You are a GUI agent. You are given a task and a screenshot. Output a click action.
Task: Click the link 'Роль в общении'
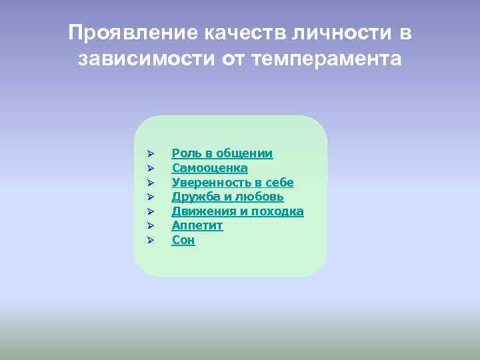pos(222,154)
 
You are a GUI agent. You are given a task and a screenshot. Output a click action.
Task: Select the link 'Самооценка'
pos(209,168)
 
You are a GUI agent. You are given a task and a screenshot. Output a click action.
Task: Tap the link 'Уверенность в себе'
pos(233,183)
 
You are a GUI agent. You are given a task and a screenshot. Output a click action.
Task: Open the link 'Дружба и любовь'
pos(227,197)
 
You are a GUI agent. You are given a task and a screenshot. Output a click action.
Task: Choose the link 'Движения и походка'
pos(237,211)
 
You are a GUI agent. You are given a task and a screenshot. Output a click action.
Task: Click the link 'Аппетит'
pos(197,226)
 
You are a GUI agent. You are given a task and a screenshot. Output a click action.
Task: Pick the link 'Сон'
pos(183,240)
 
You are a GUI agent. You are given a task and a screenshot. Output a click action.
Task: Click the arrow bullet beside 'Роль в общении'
pos(151,154)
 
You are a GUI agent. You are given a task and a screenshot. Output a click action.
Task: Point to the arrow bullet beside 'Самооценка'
pos(151,168)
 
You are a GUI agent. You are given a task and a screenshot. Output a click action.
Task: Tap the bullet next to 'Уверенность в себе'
pos(151,183)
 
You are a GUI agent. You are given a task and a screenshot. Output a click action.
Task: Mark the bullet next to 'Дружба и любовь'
pos(151,197)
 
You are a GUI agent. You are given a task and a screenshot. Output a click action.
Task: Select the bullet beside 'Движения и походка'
pos(151,211)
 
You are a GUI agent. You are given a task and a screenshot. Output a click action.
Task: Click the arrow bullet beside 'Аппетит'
pos(151,226)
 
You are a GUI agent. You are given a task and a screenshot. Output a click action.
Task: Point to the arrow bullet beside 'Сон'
pos(151,240)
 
